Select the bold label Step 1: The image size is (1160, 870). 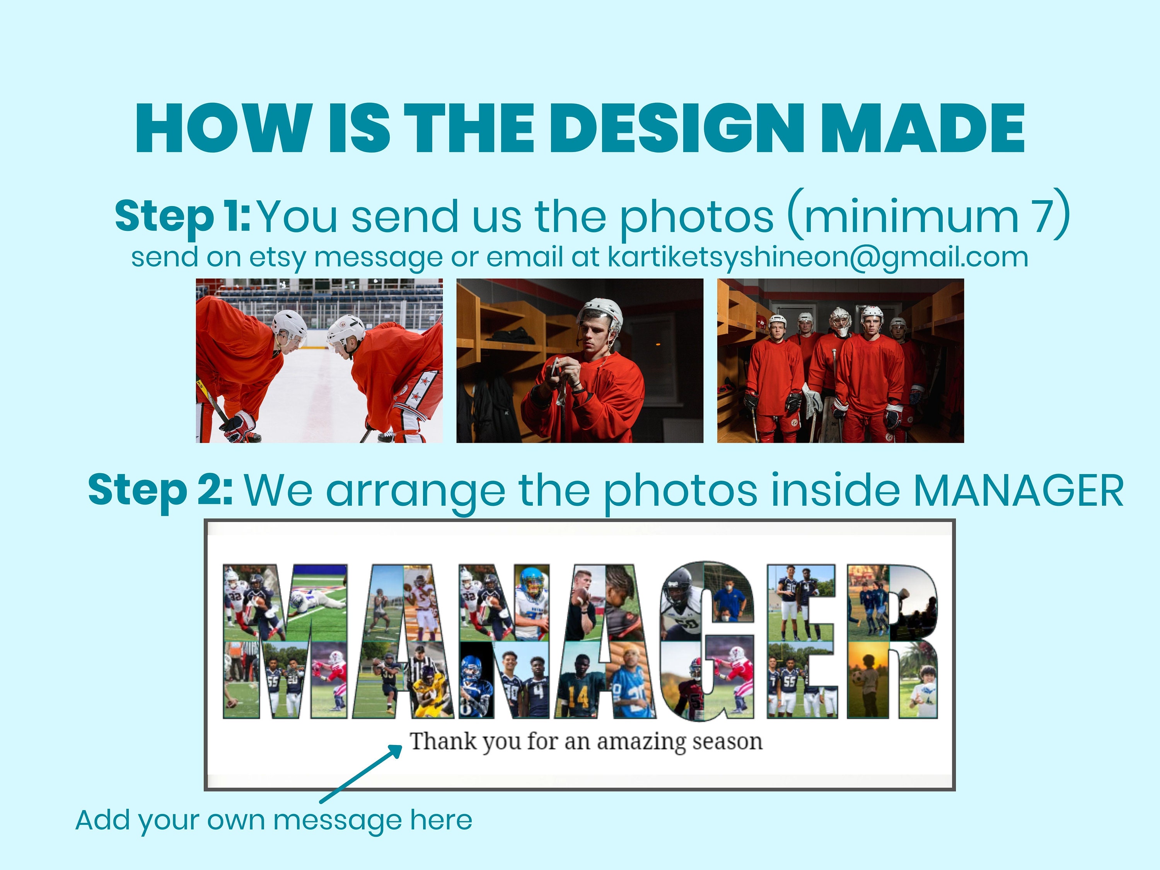click(183, 216)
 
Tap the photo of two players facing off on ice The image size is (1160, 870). click(319, 361)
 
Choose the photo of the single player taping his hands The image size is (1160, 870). click(580, 361)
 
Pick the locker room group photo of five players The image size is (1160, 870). click(840, 361)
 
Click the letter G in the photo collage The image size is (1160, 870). click(707, 641)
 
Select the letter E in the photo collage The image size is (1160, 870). click(800, 641)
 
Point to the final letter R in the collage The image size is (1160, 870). click(892, 641)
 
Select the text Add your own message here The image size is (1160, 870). click(274, 820)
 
